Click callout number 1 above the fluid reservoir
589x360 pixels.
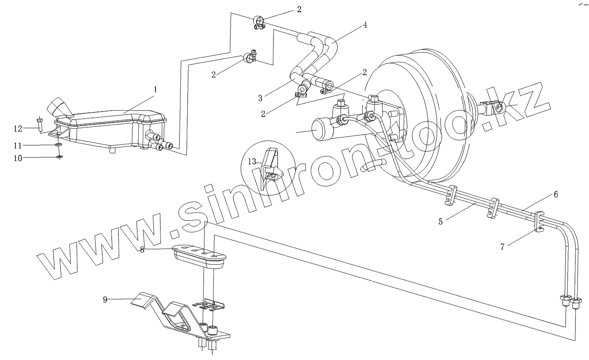pos(155,90)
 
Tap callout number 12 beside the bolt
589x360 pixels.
pos(18,129)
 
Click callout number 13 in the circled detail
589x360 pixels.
pos(252,161)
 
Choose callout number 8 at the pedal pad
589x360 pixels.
pos(142,250)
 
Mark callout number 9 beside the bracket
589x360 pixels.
pos(105,300)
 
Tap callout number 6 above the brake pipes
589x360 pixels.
pos(555,195)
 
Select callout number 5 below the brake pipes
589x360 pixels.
pos(440,222)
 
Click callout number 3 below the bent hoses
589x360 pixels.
pos(261,97)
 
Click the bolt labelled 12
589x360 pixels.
pos(40,123)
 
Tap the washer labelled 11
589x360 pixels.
pos(59,145)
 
